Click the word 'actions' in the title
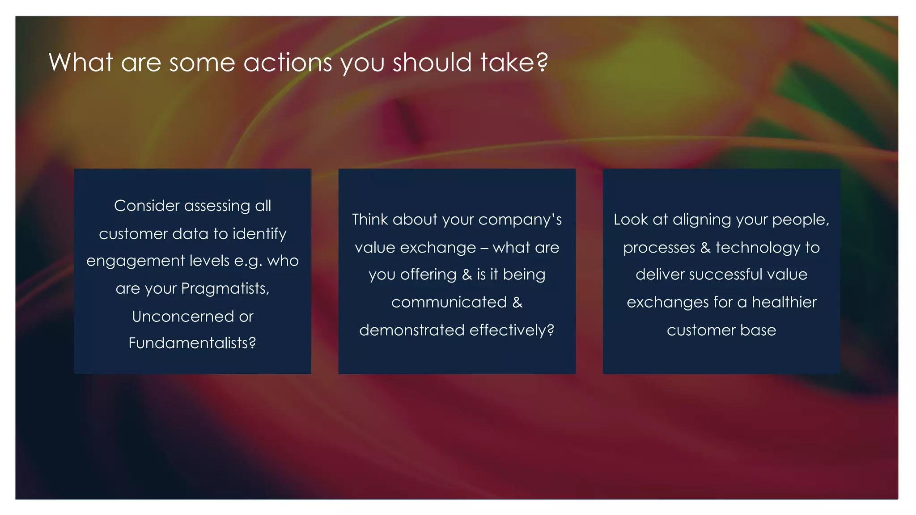pos(288,62)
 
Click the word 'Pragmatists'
pos(225,289)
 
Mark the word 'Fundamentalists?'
pos(192,343)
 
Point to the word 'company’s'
pos(520,220)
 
